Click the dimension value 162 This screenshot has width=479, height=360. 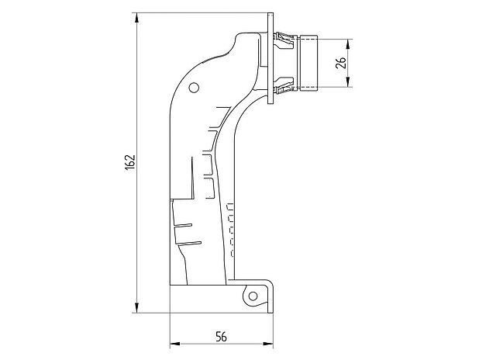[130, 161]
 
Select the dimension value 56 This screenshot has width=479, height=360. [221, 336]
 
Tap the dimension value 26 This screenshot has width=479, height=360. [339, 63]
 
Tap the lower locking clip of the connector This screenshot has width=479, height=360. [285, 85]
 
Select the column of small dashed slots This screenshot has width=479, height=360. [229, 229]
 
